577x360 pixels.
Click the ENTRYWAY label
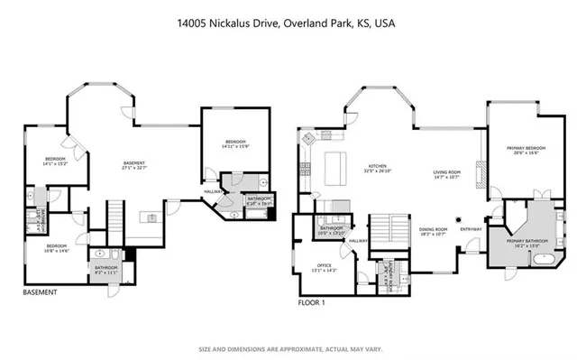[x=471, y=228]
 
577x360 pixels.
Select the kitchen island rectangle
[x=336, y=166]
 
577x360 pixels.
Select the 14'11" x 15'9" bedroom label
[x=235, y=144]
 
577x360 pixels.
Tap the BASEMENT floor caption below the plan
[x=39, y=292]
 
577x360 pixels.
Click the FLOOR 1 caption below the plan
[x=312, y=303]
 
